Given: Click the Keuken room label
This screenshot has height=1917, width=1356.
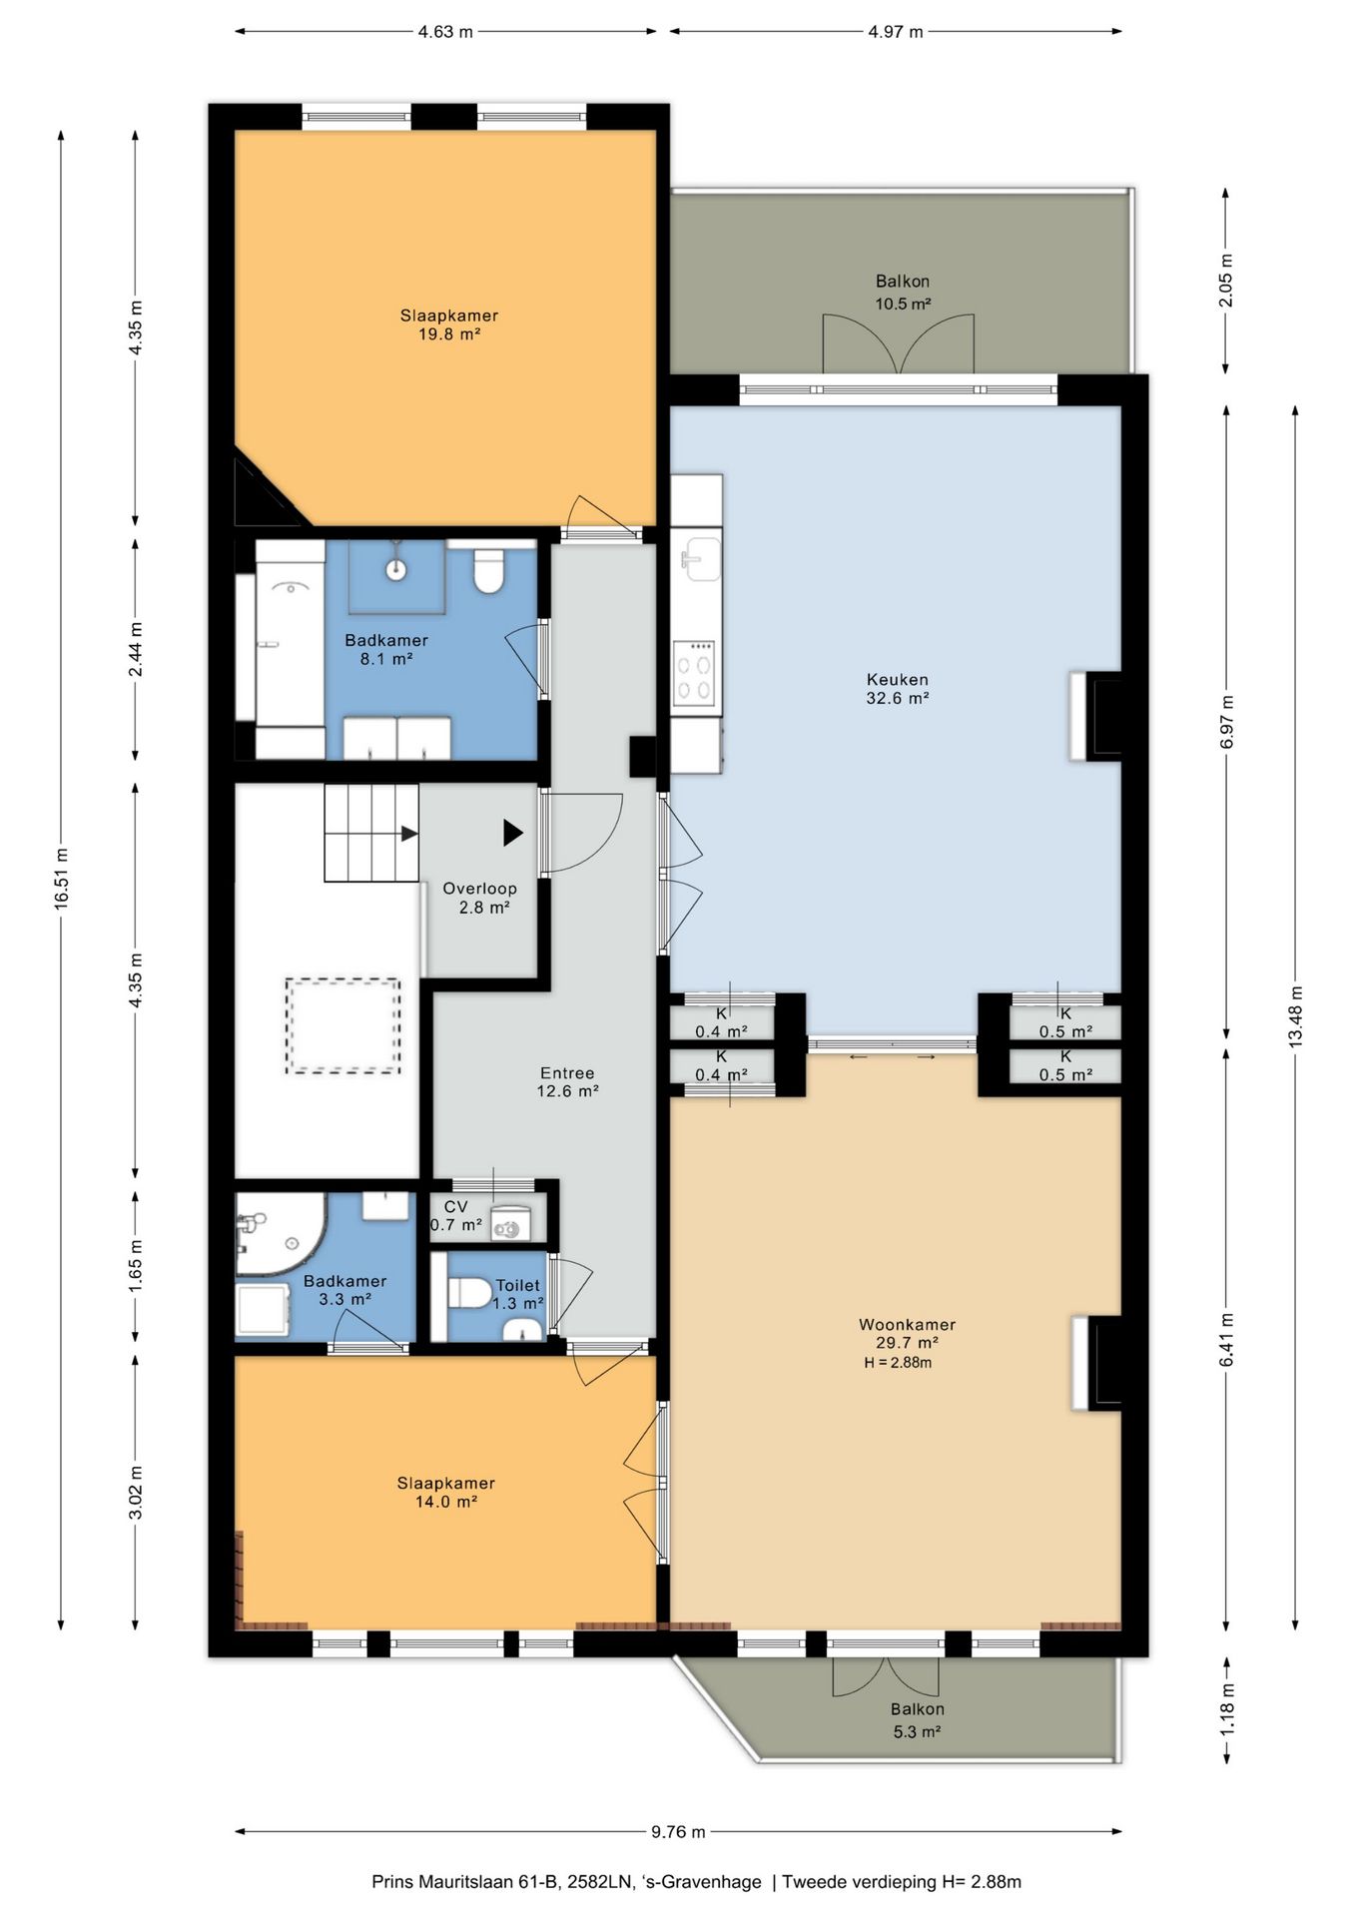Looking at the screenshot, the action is click(x=897, y=680).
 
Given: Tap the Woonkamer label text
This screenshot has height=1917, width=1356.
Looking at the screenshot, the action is click(x=907, y=1325).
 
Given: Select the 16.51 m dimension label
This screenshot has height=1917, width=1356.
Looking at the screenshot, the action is click(x=62, y=879).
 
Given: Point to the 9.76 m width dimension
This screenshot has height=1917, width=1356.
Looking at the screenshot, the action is click(x=678, y=1831).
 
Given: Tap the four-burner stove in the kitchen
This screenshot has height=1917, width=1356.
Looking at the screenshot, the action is click(x=695, y=672).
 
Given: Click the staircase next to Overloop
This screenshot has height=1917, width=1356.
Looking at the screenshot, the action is click(x=370, y=833).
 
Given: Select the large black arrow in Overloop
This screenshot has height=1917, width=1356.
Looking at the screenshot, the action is click(x=513, y=833).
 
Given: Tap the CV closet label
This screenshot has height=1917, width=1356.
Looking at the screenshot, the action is click(x=455, y=1206).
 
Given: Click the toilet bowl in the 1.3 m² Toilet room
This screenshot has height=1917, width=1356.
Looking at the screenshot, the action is click(x=469, y=1293).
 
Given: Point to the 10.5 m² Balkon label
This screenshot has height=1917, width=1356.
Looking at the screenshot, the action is click(x=903, y=293).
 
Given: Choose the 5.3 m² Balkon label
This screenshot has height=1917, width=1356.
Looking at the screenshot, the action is click(x=917, y=1720).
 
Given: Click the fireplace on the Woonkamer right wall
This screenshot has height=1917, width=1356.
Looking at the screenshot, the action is click(x=1096, y=1364).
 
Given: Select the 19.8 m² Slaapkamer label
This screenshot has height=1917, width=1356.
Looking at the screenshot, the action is click(x=448, y=324).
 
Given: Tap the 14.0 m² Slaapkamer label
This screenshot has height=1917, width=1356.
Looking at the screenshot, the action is click(x=445, y=1492).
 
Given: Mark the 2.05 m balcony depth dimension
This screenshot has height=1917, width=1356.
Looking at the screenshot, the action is click(x=1226, y=281).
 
